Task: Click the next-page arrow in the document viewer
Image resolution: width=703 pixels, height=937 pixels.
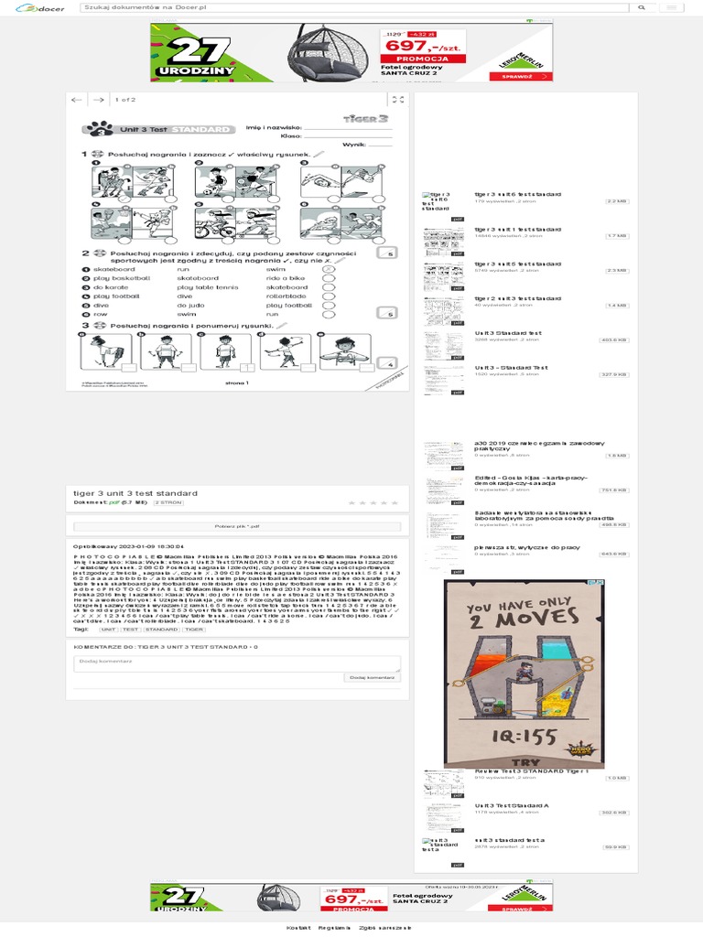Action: click(96, 100)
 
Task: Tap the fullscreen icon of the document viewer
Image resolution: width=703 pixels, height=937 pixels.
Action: click(397, 100)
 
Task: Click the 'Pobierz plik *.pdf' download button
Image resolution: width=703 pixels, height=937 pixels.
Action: click(237, 527)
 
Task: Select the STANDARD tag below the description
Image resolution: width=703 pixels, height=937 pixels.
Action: click(161, 630)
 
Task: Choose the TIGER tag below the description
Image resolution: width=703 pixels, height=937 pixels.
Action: click(194, 630)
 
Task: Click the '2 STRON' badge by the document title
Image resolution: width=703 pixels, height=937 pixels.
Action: click(168, 503)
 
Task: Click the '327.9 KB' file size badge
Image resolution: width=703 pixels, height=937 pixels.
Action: click(613, 374)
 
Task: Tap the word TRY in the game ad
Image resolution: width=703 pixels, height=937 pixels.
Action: click(519, 762)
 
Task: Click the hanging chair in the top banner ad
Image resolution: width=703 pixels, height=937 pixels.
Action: click(330, 52)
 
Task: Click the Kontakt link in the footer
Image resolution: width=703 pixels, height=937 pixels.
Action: click(297, 928)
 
